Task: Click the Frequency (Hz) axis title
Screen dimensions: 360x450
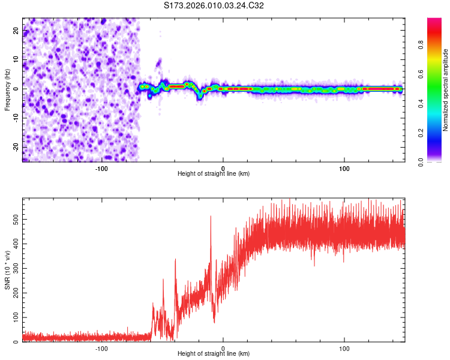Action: coord(7,90)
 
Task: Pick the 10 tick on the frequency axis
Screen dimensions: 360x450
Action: coord(16,59)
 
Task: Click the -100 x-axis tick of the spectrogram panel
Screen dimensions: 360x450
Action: coord(101,168)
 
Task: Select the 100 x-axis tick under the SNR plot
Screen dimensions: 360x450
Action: coord(344,349)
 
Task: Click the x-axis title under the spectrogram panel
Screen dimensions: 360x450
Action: coord(214,174)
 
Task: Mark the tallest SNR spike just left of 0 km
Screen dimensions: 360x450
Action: coord(211,217)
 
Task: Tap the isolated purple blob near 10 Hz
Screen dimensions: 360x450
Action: coord(159,62)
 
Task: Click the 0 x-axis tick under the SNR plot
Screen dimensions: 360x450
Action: coord(223,349)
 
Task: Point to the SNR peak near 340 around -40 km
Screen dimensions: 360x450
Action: coord(175,259)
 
